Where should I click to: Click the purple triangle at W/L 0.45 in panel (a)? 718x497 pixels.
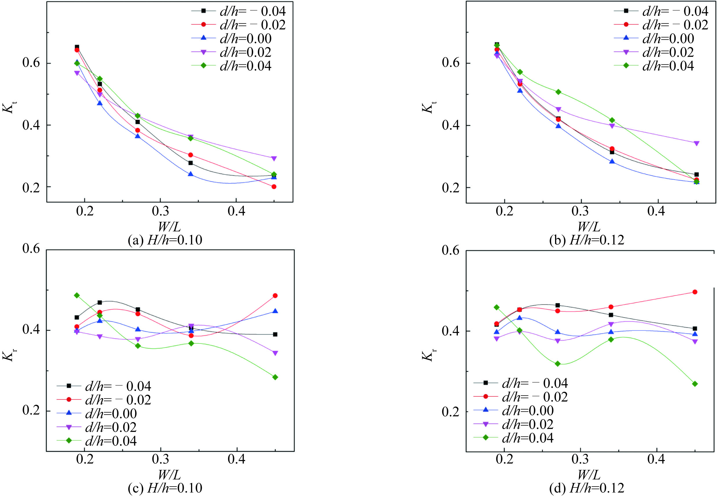pos(274,158)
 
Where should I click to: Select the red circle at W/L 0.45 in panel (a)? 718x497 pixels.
pos(274,187)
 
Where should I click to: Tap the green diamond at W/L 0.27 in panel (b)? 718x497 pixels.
pos(558,92)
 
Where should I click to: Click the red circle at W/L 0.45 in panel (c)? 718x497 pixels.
pos(275,295)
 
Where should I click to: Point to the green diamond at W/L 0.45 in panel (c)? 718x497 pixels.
pos(275,377)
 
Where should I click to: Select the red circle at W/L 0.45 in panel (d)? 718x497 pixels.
pos(695,292)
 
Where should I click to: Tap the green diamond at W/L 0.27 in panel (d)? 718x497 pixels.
pos(558,364)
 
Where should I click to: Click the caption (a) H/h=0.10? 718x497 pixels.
pos(165,240)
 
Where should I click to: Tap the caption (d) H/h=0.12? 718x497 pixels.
pos(587,488)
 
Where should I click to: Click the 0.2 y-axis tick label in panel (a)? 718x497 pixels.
pos(31,187)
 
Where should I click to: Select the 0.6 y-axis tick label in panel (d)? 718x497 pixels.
pos(451,250)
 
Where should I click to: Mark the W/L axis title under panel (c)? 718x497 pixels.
pos(169,475)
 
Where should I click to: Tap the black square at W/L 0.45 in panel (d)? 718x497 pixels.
pos(695,328)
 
